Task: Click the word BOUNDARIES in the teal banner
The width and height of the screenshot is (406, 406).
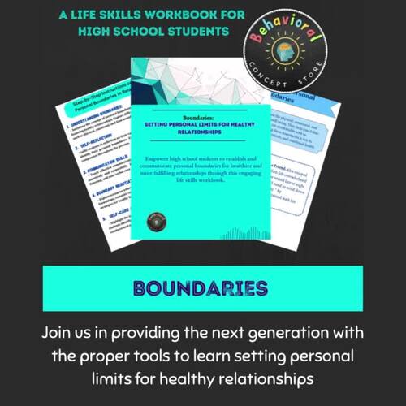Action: [x=202, y=289]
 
